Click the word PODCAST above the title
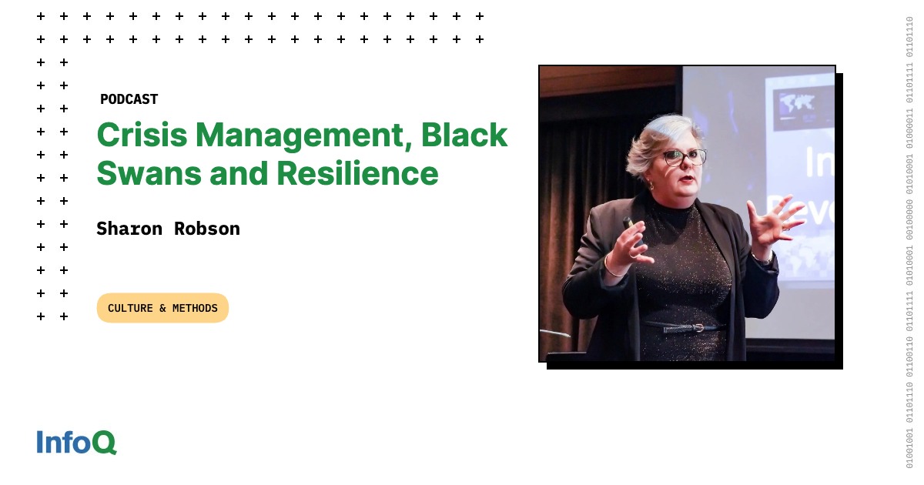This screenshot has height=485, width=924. coord(129,99)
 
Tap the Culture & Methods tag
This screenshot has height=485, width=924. coord(162,308)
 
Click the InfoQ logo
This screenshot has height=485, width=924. coord(76,443)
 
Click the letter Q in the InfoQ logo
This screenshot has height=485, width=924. coord(105,443)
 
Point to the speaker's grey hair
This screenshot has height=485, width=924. coord(654,139)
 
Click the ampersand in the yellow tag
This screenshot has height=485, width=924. coord(162,308)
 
